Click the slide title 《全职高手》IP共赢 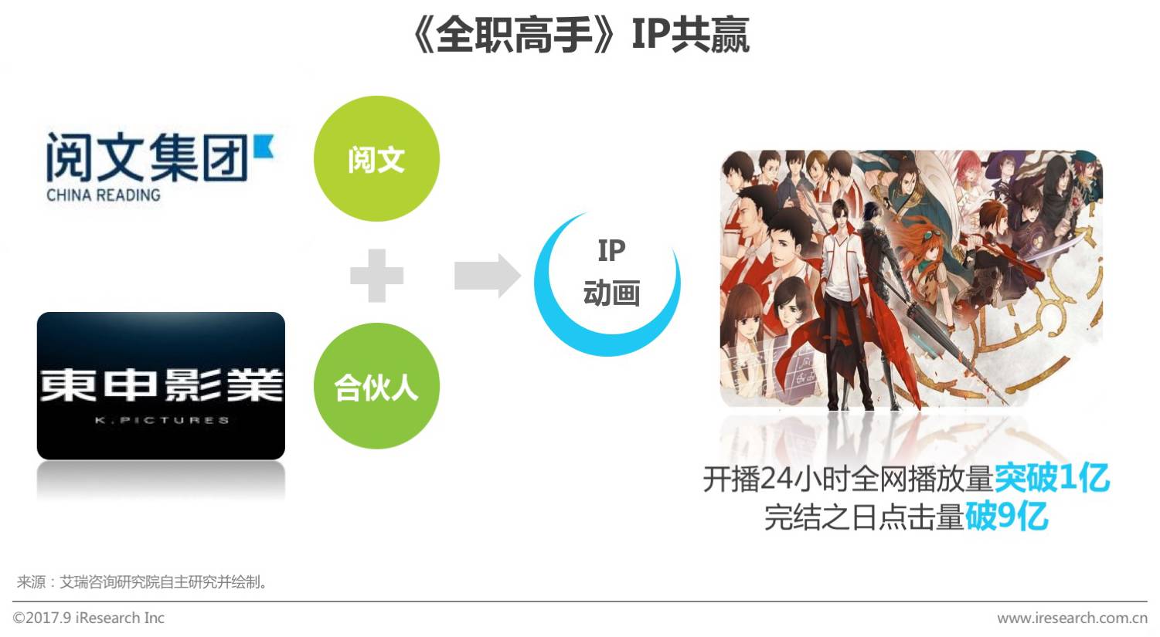point(580,35)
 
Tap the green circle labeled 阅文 point(376,159)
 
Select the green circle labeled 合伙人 point(376,386)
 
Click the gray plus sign point(376,275)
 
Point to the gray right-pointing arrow point(487,275)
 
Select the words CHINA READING point(104,195)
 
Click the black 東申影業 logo point(161,385)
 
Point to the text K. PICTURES point(162,420)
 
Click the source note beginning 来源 point(143,582)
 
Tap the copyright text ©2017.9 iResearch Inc point(89,618)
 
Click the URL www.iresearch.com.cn point(1072,618)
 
